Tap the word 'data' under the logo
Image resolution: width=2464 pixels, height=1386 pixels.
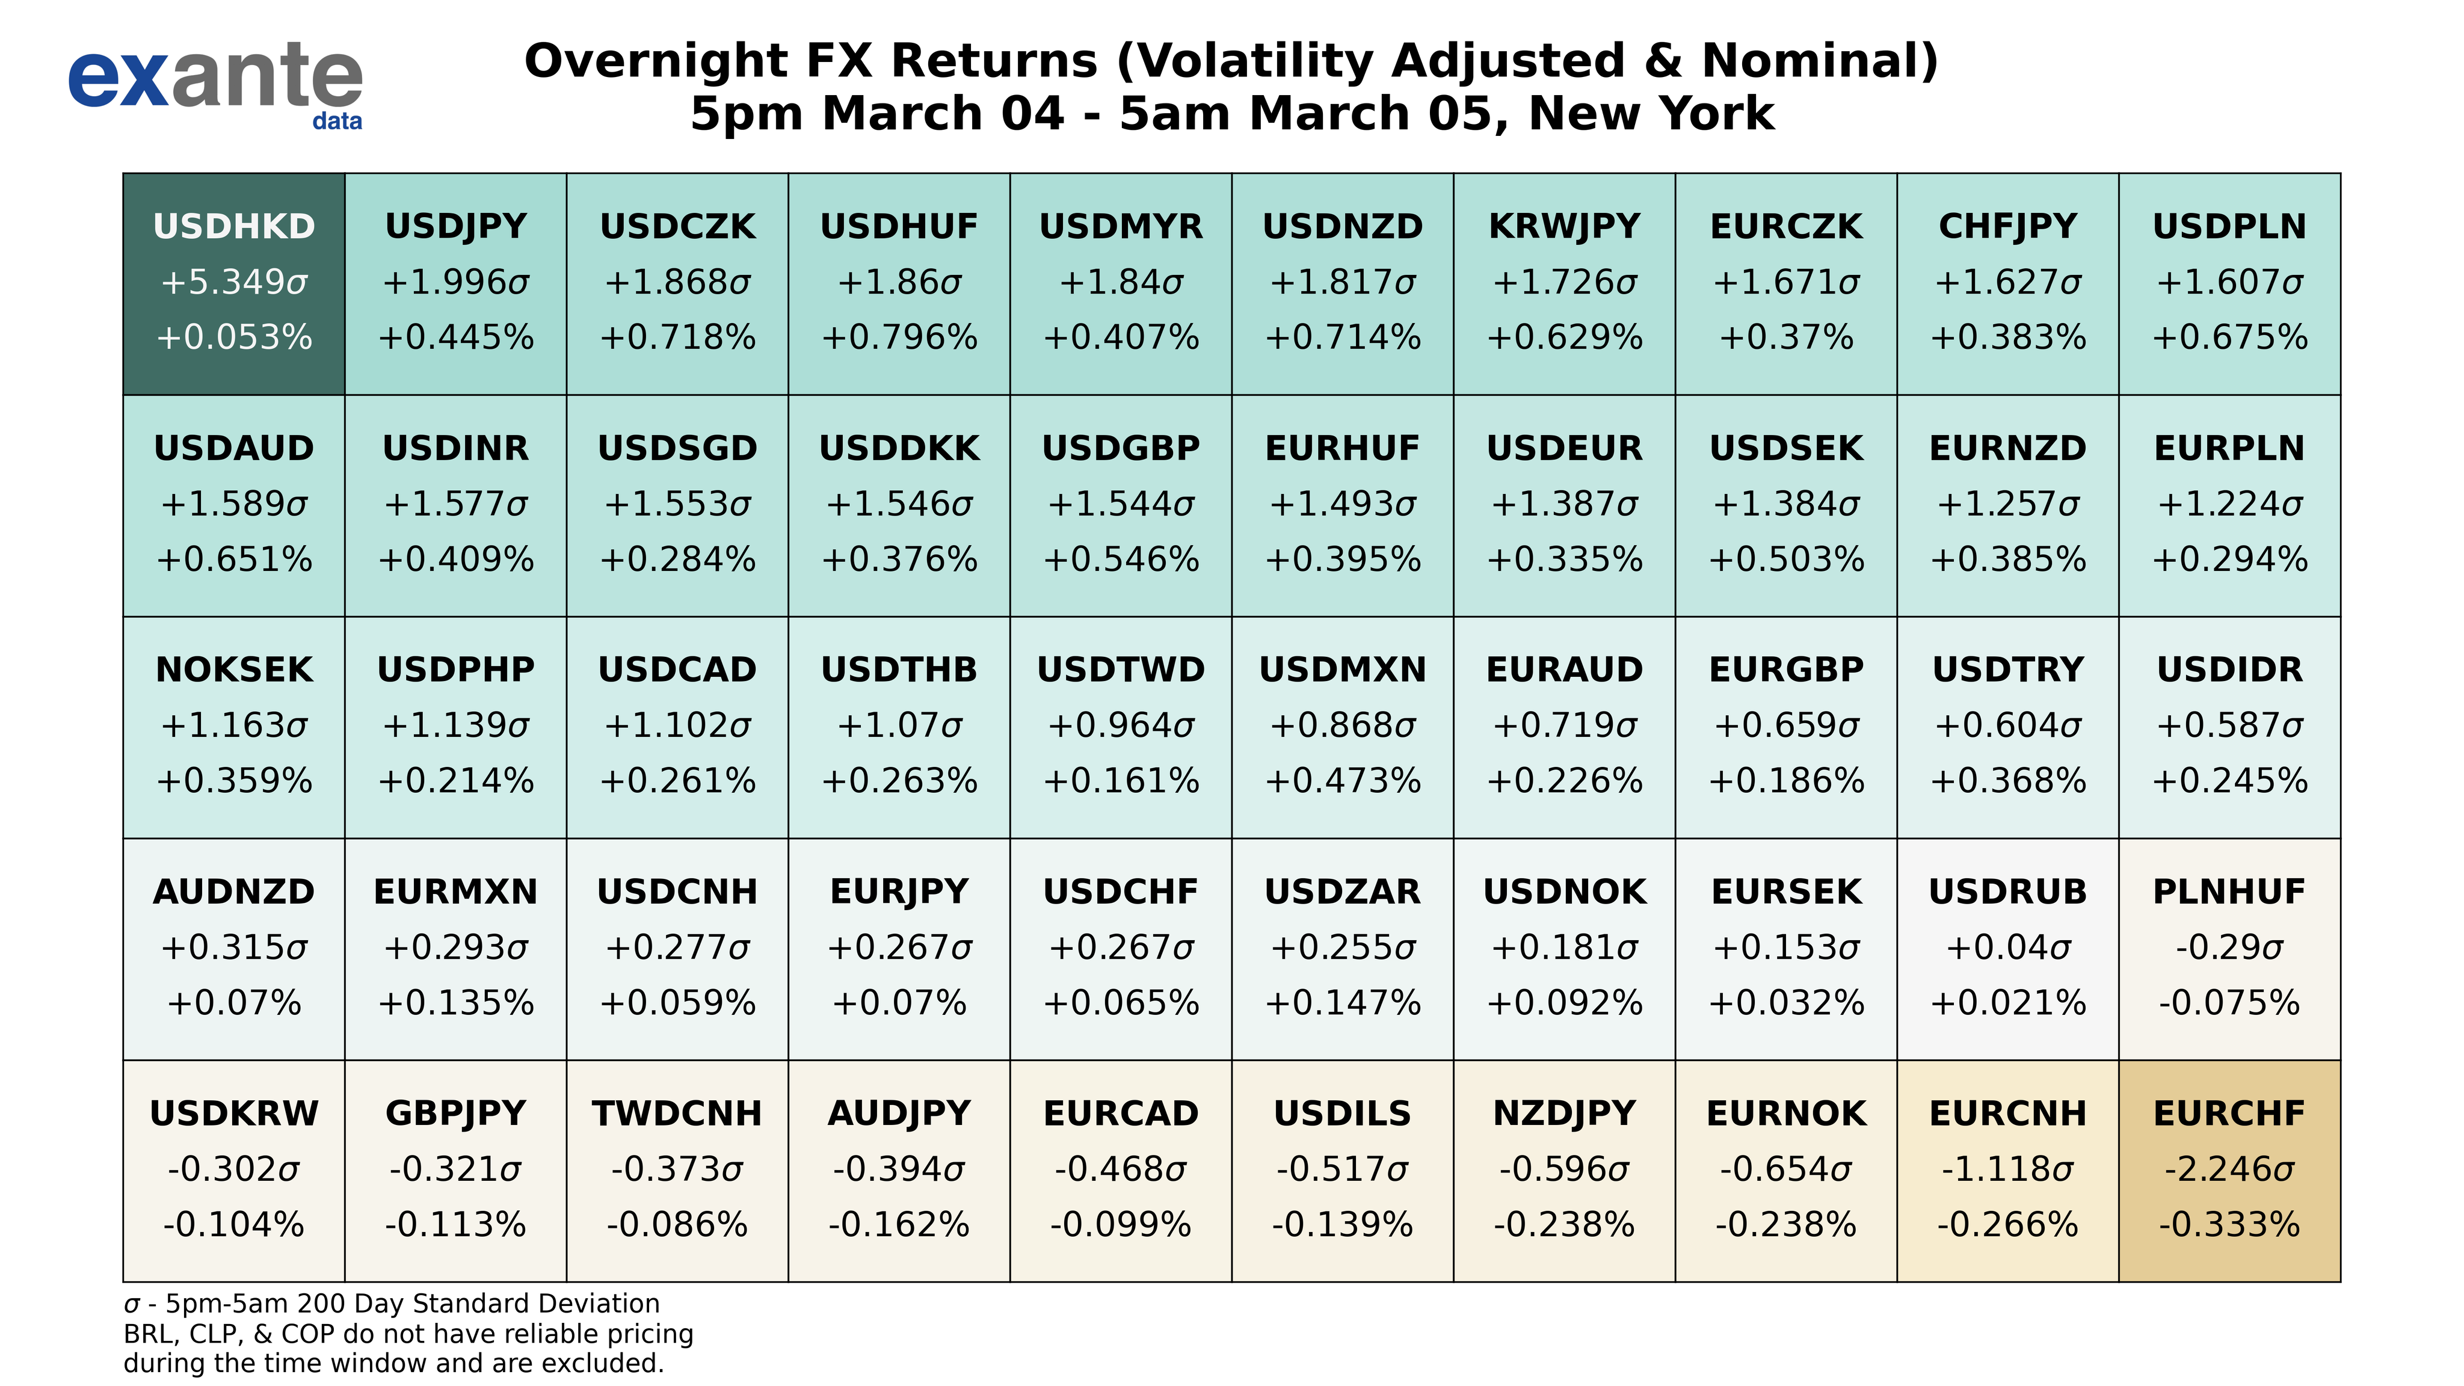click(x=337, y=122)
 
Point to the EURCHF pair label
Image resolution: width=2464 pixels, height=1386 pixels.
click(x=2229, y=1113)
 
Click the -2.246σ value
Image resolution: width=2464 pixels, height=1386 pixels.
click(x=2229, y=1169)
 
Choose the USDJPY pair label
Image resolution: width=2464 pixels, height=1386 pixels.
click(x=455, y=227)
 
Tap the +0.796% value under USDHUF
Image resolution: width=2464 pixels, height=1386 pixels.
click(x=899, y=337)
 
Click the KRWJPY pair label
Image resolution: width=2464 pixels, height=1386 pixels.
click(x=1564, y=227)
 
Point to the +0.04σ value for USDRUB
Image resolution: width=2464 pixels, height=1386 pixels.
click(x=2007, y=947)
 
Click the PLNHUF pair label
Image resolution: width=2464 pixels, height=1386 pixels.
click(x=2229, y=892)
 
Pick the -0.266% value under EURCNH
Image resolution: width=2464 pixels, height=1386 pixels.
click(x=2007, y=1224)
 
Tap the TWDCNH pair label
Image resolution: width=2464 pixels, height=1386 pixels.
click(x=677, y=1113)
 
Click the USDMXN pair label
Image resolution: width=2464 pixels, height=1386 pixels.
click(x=1342, y=670)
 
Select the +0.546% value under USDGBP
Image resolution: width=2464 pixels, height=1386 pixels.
click(x=1121, y=559)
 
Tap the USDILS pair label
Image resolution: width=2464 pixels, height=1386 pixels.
click(x=1342, y=1113)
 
